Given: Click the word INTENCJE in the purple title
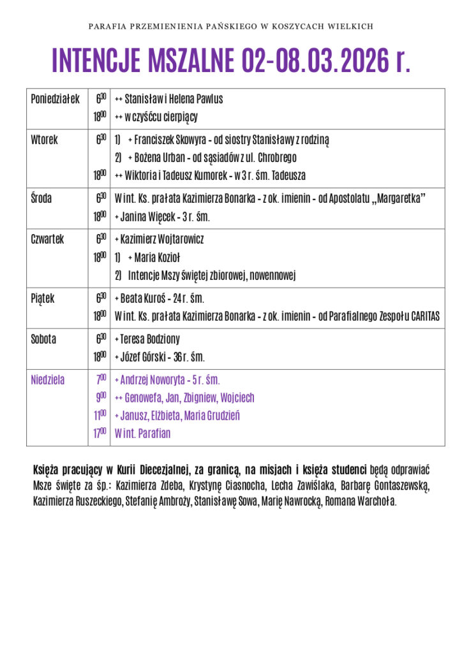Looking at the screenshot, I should (96, 61).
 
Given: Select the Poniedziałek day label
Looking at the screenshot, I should (55, 99).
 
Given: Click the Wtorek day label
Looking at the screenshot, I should (44, 140).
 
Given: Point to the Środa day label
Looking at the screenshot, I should (41, 198).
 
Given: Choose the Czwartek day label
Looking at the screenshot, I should (48, 239).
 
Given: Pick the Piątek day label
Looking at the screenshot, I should (43, 298).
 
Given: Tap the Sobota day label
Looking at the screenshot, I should (43, 339).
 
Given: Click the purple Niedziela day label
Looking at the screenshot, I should (48, 380).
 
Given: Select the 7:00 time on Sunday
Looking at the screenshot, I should (101, 379).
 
